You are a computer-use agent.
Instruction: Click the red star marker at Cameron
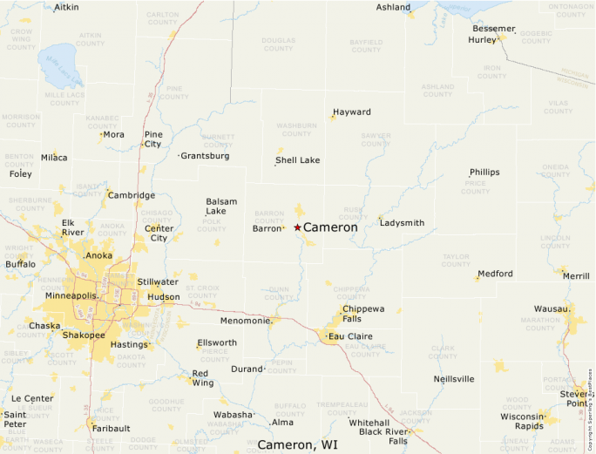[x=297, y=227]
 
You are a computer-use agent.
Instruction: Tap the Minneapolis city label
[x=71, y=295]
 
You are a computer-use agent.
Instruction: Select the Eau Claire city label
[x=349, y=335]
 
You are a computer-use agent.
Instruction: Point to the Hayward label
[x=352, y=112]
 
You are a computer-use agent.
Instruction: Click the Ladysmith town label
[x=402, y=223]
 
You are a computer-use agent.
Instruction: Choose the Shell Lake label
[x=298, y=160]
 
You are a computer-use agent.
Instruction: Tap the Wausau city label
[x=551, y=308]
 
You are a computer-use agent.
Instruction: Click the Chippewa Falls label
[x=363, y=314]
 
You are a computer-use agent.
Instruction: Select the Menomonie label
[x=245, y=320]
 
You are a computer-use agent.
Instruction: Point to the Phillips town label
[x=484, y=173]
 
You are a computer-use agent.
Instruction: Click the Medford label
[x=496, y=274]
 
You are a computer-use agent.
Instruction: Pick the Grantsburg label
[x=206, y=156]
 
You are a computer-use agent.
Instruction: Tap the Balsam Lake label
[x=220, y=207]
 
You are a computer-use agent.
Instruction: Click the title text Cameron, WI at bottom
[x=297, y=444]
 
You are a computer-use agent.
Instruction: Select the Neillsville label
[x=454, y=379]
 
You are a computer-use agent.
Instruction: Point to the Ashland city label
[x=393, y=7]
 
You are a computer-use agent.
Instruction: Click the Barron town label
[x=267, y=228]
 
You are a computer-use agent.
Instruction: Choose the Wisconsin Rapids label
[x=523, y=421]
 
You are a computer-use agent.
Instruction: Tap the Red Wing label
[x=202, y=378]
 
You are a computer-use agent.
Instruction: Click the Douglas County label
[x=278, y=44]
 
